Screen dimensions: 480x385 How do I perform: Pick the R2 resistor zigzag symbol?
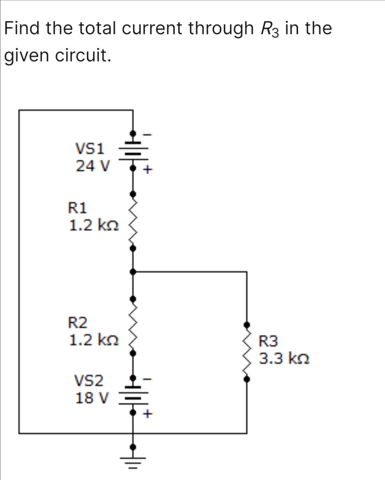click(x=133, y=326)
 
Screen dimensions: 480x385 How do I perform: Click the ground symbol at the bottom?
click(x=133, y=461)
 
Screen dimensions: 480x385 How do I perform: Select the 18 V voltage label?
click(x=91, y=397)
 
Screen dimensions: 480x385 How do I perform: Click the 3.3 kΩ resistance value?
click(x=284, y=358)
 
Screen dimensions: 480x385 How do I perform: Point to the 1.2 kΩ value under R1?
click(x=94, y=225)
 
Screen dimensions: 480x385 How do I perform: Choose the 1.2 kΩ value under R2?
click(x=94, y=340)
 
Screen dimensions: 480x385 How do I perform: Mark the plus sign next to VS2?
click(x=147, y=414)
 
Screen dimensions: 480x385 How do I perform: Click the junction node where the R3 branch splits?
click(x=133, y=272)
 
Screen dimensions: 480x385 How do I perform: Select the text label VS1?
click(x=89, y=148)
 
